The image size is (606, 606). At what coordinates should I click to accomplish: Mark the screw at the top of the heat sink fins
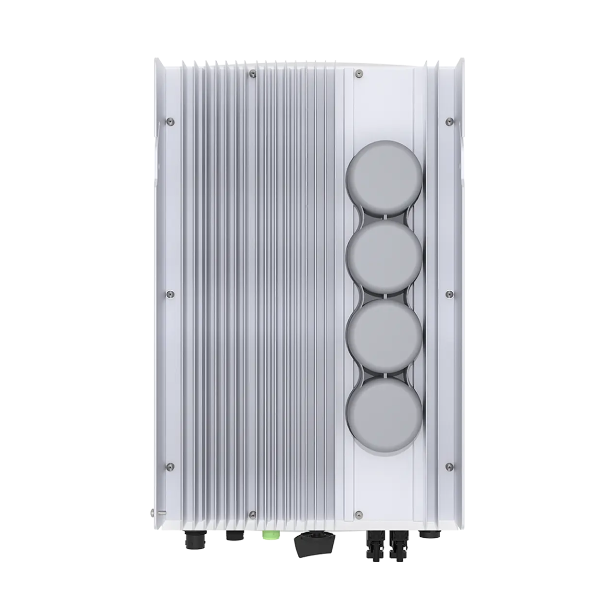[x=252, y=74]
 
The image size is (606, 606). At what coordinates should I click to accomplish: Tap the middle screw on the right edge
[x=448, y=292]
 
